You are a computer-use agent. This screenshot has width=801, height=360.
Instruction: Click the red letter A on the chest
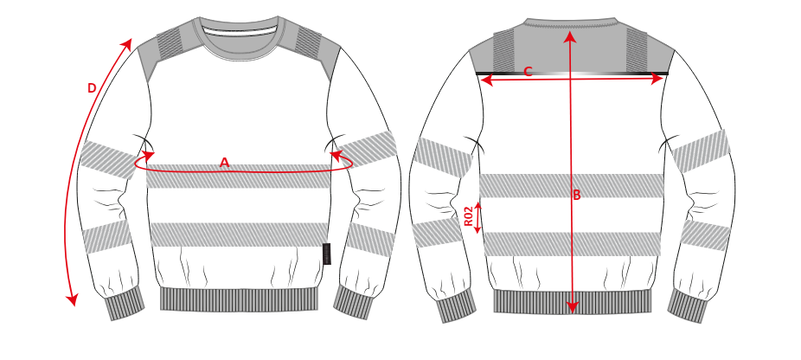224,163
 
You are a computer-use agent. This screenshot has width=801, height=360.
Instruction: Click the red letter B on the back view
577,195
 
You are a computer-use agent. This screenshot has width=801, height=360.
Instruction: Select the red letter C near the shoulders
528,72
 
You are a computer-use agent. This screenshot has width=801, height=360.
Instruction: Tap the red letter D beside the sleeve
92,88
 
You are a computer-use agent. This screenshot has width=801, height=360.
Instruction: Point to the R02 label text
469,215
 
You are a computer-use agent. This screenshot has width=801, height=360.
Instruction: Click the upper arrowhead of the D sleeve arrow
128,43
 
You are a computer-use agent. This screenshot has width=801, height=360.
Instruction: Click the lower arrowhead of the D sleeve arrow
73,299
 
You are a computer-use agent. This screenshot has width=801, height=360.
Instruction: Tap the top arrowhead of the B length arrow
571,36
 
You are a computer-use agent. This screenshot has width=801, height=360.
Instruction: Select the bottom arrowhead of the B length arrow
572,307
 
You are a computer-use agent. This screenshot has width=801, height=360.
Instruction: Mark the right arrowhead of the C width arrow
657,80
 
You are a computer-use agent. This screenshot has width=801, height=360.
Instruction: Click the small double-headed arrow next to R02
478,218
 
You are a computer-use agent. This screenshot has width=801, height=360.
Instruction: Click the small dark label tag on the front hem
326,254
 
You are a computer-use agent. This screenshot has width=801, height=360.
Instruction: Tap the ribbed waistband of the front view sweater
239,299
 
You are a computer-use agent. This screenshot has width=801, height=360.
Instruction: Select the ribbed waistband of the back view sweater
573,302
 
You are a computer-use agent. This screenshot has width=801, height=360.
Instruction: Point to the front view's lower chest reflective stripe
239,235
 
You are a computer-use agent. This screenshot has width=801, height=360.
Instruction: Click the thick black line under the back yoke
572,73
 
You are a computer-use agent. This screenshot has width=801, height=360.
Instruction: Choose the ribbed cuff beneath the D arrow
125,303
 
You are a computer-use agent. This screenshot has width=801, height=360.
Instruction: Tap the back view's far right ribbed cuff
688,305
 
